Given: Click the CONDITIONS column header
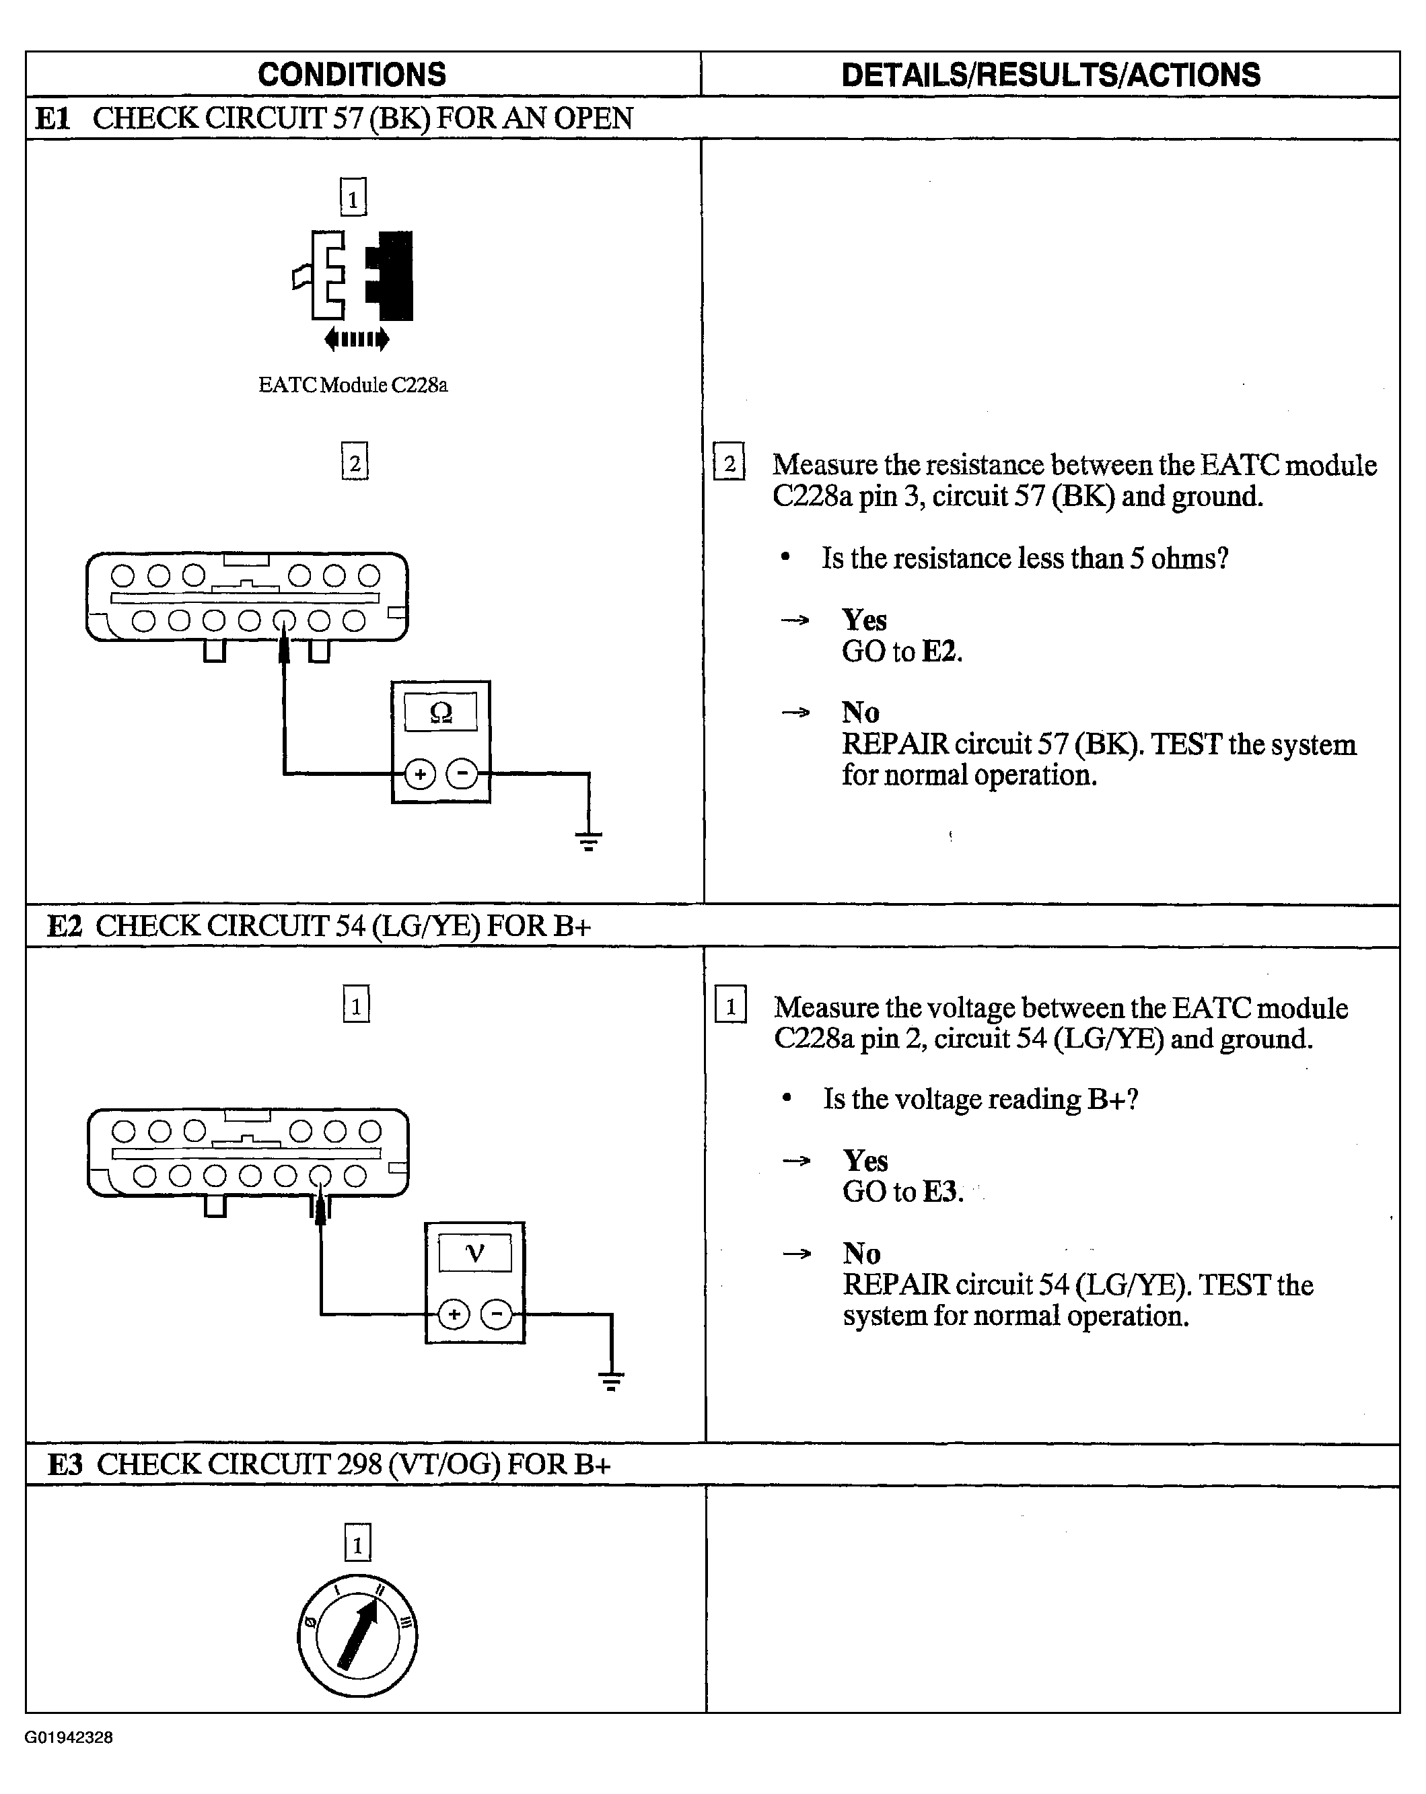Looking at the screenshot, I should (x=351, y=75).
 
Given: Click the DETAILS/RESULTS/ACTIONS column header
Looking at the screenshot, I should (x=1050, y=75).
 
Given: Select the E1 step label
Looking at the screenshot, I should (x=52, y=119).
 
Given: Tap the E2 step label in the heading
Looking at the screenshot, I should (x=64, y=926).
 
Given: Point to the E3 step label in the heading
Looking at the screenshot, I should (x=65, y=1464).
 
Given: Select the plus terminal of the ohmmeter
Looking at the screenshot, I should (x=420, y=775).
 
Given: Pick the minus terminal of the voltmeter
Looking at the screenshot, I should (x=497, y=1315).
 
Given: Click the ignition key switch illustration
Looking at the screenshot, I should (x=358, y=1636).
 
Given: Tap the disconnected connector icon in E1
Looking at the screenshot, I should (x=353, y=275).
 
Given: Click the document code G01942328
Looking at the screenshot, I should (x=69, y=1737).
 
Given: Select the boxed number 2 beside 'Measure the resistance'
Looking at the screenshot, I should (x=729, y=463).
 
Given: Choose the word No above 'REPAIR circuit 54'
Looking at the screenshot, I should (x=861, y=1253).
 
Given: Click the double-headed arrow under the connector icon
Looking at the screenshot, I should (x=357, y=338).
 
